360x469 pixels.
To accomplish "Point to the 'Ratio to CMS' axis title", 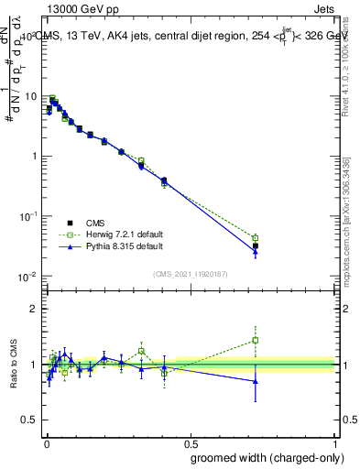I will (13, 365).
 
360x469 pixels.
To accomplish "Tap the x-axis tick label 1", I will (336, 442).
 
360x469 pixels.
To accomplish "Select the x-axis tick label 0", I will (47, 442).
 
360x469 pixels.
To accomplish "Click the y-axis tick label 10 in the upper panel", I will (33, 96).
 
